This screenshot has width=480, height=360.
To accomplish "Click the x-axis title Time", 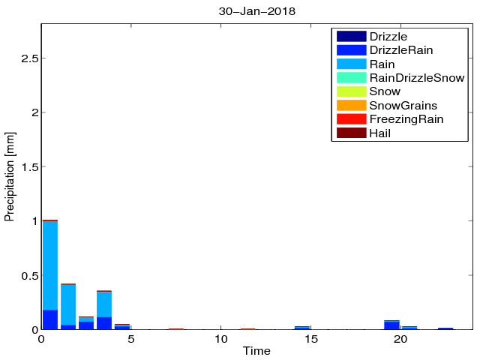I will click(x=256, y=351).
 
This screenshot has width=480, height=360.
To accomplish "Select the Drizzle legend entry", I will click(x=388, y=36).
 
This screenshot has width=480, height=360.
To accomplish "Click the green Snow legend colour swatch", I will click(x=351, y=91).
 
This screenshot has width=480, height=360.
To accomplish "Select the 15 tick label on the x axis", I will click(x=311, y=339).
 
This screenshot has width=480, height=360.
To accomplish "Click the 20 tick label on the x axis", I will click(x=401, y=339).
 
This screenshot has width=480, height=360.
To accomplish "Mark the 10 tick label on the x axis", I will click(x=221, y=339).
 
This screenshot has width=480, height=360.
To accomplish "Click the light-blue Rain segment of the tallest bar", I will click(x=50, y=262).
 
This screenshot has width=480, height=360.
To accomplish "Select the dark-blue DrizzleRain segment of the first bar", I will click(x=50, y=319).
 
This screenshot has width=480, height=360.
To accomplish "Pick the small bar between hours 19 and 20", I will click(x=391, y=325).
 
